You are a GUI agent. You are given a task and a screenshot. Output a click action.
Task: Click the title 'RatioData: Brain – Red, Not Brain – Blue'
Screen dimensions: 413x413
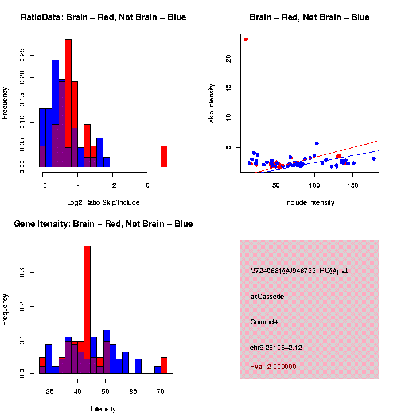coord(103,17)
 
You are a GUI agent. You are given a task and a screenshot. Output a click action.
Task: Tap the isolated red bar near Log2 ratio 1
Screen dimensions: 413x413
coord(164,156)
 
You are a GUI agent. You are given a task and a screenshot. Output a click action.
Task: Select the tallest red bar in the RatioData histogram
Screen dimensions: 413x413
coord(68,103)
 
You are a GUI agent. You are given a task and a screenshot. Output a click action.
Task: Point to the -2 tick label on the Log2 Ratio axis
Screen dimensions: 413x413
coord(112,185)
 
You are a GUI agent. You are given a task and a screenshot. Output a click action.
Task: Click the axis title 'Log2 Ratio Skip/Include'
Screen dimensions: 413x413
coord(103,202)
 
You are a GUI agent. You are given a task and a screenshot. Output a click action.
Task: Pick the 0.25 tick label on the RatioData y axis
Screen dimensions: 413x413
coord(22,54)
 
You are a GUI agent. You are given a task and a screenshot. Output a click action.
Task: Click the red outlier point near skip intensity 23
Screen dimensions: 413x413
coord(246,40)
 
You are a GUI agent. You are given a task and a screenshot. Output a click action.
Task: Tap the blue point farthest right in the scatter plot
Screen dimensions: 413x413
coord(373,159)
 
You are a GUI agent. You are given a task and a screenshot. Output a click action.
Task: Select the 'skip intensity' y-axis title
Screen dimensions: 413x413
coord(212,103)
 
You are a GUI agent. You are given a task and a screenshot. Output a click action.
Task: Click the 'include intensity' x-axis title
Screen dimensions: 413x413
coord(310,202)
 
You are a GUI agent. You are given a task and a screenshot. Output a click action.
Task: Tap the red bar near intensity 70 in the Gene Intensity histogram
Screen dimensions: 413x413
coord(164,365)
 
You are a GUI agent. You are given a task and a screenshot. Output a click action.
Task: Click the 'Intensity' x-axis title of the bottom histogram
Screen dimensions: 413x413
coord(103,409)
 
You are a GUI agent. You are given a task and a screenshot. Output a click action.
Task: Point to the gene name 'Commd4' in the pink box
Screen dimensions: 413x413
coord(264,322)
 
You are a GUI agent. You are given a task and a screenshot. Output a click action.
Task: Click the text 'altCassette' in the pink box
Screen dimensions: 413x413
coord(267,297)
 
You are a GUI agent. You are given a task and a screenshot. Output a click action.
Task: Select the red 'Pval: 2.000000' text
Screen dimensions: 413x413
coord(273,367)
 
